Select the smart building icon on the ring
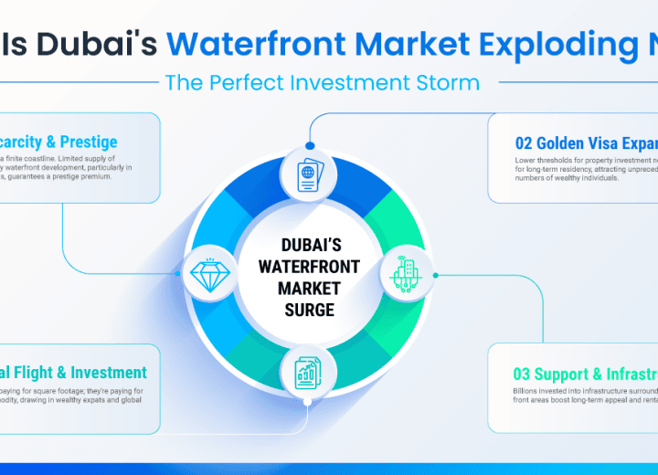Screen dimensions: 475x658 (x=406, y=273)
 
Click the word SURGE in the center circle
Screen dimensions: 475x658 (x=308, y=311)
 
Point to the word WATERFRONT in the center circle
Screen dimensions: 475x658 (x=308, y=267)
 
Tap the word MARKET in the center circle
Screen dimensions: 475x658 (x=308, y=289)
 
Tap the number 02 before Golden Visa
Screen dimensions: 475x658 (x=525, y=142)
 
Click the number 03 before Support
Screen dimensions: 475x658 (x=524, y=375)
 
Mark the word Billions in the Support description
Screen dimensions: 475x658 (x=530, y=390)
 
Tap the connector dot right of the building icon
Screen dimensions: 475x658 (x=435, y=274)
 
